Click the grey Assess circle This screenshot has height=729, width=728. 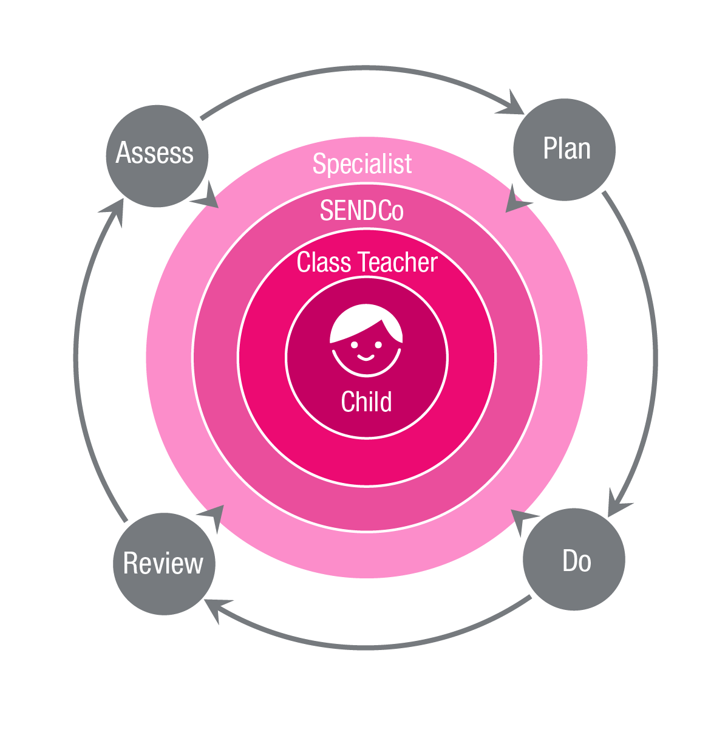pyautogui.click(x=157, y=155)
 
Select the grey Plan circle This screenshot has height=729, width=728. pyautogui.click(x=564, y=149)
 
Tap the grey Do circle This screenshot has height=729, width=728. pyautogui.click(x=574, y=560)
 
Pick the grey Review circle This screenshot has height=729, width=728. pyautogui.click(x=164, y=563)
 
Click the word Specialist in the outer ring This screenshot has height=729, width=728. pyautogui.click(x=362, y=164)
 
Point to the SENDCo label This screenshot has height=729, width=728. pyautogui.click(x=361, y=211)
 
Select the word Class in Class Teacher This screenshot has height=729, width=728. pyautogui.click(x=324, y=262)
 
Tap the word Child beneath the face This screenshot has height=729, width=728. pyautogui.click(x=366, y=402)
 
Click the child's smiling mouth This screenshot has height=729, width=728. pyautogui.click(x=366, y=357)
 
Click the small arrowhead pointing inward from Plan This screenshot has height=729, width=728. pyautogui.click(x=517, y=200)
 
